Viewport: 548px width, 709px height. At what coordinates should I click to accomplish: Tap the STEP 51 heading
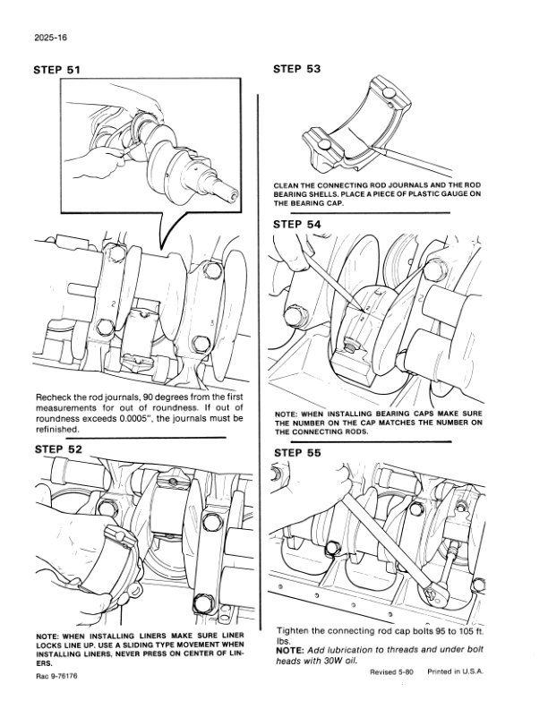click(x=56, y=70)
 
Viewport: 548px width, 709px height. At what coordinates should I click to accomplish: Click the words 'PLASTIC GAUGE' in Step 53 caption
click(x=442, y=194)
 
